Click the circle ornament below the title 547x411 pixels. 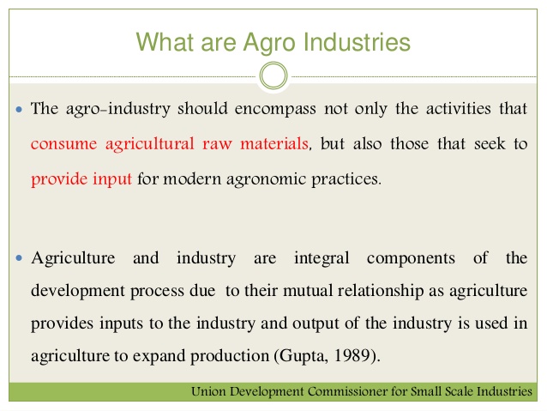click(273, 76)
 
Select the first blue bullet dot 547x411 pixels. click(19, 111)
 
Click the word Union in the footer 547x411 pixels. click(211, 392)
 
